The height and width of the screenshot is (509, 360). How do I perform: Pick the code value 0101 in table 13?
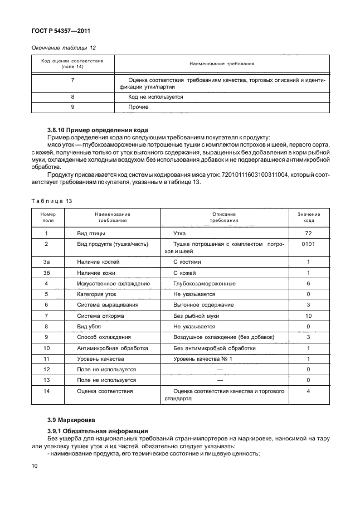308,244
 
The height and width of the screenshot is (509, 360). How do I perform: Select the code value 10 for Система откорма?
308,316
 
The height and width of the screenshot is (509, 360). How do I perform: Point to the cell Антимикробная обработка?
105,348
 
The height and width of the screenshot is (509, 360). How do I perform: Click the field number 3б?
46,273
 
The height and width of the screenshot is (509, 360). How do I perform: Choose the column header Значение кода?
308,217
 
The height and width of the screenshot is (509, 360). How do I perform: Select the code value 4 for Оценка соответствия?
308,391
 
